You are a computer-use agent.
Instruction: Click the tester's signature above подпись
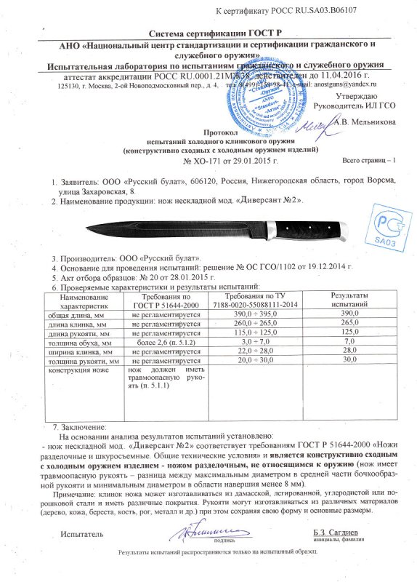(198, 530)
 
